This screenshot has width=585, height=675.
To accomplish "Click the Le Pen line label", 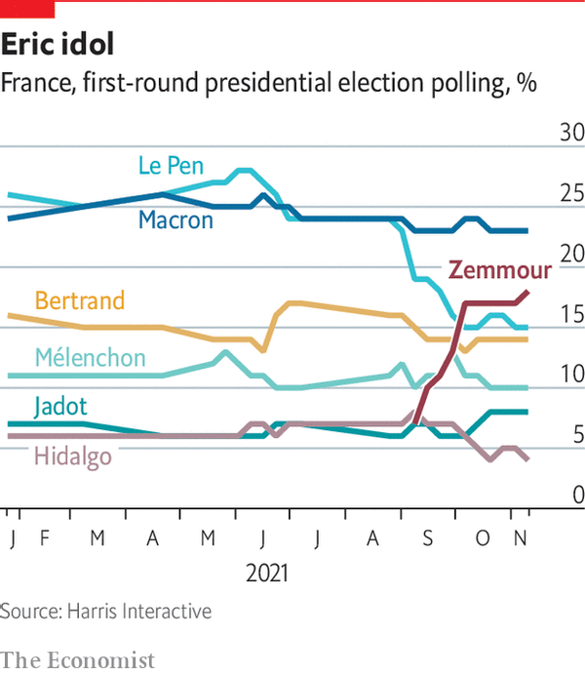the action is pyautogui.click(x=171, y=166).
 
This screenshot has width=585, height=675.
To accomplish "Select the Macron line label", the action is pyautogui.click(x=175, y=220).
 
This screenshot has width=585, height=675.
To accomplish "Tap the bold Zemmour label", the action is pyautogui.click(x=500, y=270).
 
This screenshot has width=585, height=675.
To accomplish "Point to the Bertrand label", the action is pyautogui.click(x=80, y=300).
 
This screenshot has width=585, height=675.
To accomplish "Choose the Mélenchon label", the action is pyautogui.click(x=91, y=357).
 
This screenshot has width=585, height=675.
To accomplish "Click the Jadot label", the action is pyautogui.click(x=60, y=407).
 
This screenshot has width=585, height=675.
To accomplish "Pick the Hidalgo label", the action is pyautogui.click(x=73, y=457).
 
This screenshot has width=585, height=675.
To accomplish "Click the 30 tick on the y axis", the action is pyautogui.click(x=572, y=132).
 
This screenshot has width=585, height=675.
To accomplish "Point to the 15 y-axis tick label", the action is pyautogui.click(x=572, y=314).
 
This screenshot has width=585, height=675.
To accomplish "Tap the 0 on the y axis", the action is pyautogui.click(x=578, y=496).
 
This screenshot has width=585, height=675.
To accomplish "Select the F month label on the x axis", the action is pyautogui.click(x=44, y=537).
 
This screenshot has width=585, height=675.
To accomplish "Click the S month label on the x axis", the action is pyautogui.click(x=427, y=538).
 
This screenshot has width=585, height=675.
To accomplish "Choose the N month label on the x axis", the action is pyautogui.click(x=521, y=537).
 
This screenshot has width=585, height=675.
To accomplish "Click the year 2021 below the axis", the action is pyautogui.click(x=267, y=574).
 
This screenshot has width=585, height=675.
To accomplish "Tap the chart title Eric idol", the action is pyautogui.click(x=58, y=44).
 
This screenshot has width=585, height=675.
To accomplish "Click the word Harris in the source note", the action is pyautogui.click(x=93, y=611).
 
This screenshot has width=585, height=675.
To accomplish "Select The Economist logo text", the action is pyautogui.click(x=77, y=660).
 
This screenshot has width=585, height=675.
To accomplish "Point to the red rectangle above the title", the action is pyautogui.click(x=27, y=9).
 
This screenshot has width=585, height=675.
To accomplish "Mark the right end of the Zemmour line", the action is pyautogui.click(x=528, y=293).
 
